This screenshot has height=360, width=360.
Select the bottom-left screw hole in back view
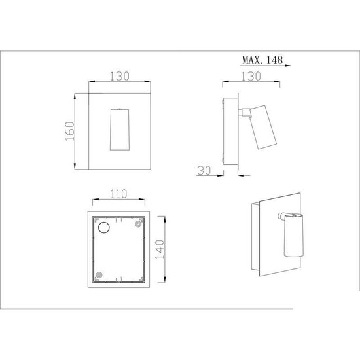pyautogui.click(x=98, y=275)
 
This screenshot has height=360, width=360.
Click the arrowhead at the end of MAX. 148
pyautogui.click(x=289, y=66)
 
